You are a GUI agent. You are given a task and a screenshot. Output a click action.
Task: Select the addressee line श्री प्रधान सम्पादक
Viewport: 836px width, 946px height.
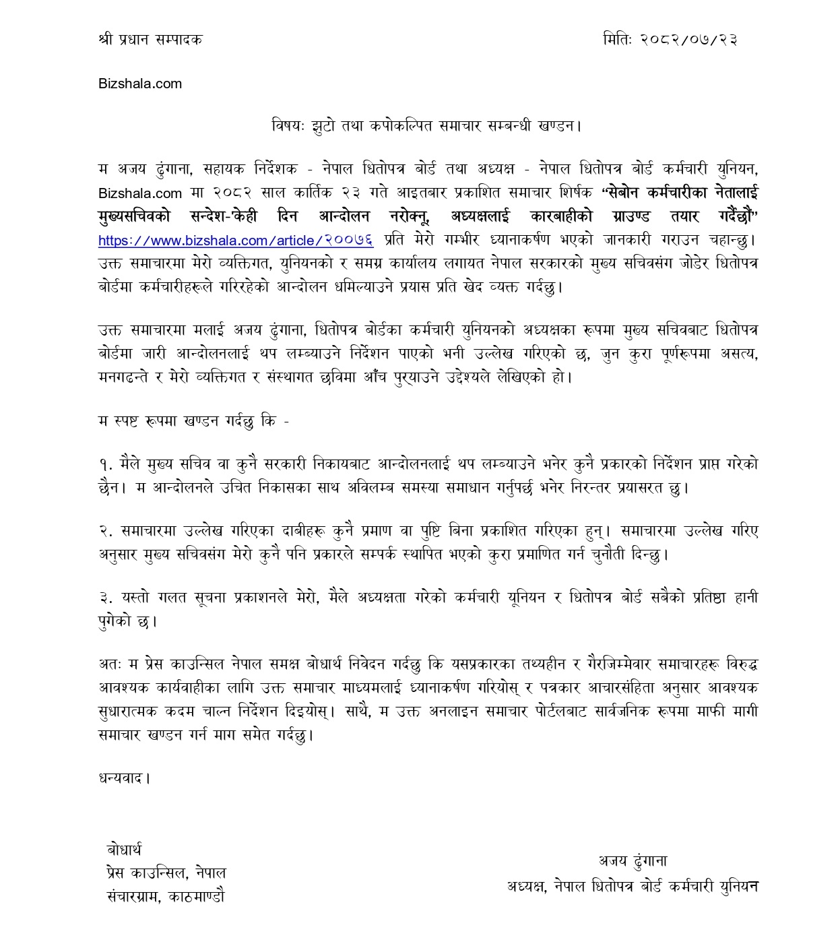tap(150, 39)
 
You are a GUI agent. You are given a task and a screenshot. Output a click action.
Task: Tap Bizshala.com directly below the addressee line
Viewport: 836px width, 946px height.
tap(140, 84)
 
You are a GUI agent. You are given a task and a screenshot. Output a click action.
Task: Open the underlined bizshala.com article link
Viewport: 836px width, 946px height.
tap(236, 240)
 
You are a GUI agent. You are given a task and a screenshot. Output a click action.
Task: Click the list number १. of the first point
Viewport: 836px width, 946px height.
tap(105, 464)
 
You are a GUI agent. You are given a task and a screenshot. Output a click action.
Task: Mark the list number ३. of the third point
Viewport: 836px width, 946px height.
tap(105, 598)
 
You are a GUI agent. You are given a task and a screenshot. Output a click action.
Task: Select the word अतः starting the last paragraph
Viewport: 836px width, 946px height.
tap(109, 664)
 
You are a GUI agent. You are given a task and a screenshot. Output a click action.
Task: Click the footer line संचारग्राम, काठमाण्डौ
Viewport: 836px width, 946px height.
tap(166, 897)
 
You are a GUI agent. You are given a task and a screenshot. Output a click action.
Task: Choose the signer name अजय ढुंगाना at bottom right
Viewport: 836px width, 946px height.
tap(633, 860)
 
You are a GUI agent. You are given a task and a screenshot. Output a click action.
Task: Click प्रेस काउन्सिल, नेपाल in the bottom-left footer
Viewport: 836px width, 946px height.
tap(166, 873)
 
